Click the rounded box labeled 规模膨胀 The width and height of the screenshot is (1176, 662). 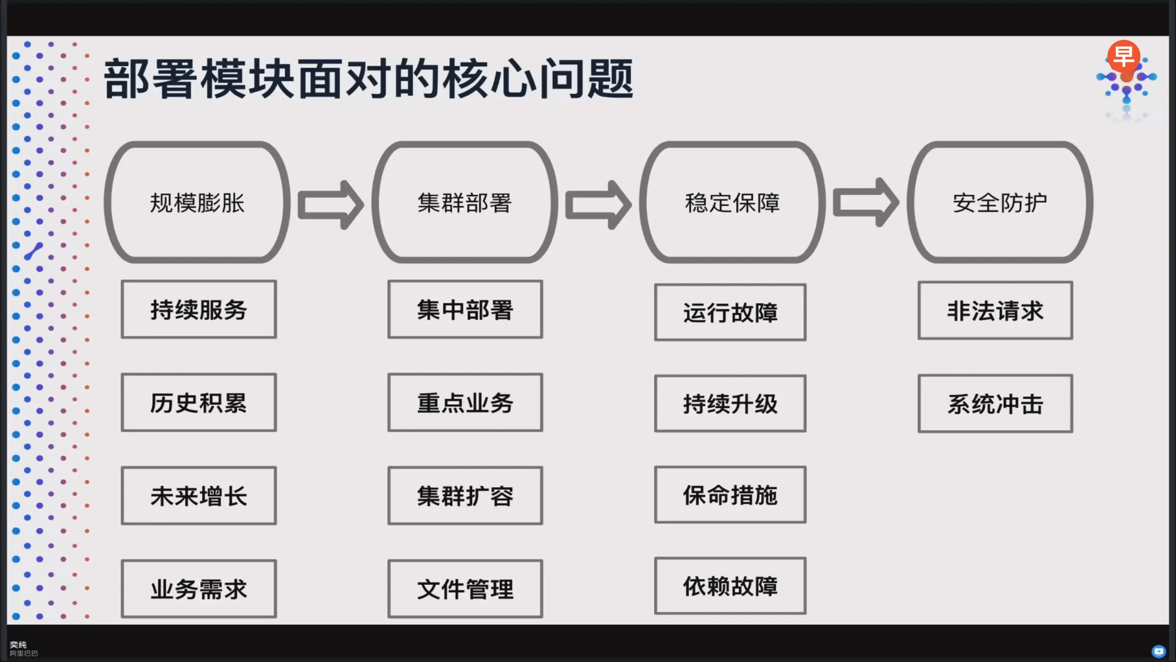click(x=197, y=202)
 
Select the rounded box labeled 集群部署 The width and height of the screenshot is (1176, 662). click(x=465, y=202)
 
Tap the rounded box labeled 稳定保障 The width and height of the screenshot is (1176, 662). click(x=732, y=202)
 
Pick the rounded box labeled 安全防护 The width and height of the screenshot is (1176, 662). click(x=1000, y=202)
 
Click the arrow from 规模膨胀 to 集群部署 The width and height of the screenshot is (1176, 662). click(x=331, y=204)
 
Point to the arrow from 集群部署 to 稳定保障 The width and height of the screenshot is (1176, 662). click(x=598, y=204)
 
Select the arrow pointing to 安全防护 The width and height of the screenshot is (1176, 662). click(x=866, y=202)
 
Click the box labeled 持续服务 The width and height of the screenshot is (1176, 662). click(x=199, y=309)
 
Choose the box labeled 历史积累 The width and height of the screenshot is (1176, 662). click(x=199, y=402)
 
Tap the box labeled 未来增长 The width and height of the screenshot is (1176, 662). click(x=199, y=496)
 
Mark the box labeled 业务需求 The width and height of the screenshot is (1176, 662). click(x=199, y=589)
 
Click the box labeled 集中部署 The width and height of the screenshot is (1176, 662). click(x=465, y=309)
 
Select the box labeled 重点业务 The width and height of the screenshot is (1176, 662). click(x=465, y=402)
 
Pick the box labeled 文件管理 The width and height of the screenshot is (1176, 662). click(x=465, y=589)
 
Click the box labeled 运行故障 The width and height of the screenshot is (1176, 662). click(x=730, y=313)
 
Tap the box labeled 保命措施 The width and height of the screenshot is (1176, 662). click(x=730, y=495)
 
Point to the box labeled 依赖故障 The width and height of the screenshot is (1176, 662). click(x=730, y=586)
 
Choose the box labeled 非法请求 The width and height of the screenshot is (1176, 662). click(x=995, y=311)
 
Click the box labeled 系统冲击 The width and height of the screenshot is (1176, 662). click(x=995, y=404)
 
